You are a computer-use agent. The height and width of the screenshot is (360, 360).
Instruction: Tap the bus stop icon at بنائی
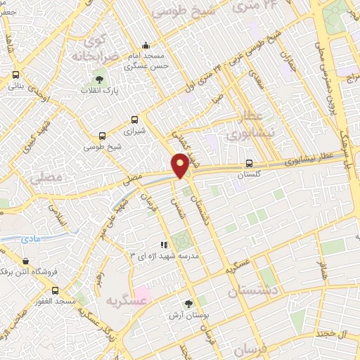[x=15, y=75]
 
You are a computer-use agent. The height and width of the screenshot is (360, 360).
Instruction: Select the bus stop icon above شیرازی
[x=134, y=120]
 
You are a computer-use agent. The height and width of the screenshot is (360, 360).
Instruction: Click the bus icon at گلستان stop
[x=249, y=163]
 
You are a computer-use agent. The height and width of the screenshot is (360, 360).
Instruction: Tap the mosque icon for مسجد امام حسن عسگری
[x=145, y=45]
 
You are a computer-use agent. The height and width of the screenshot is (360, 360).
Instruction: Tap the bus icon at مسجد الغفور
[x=56, y=290]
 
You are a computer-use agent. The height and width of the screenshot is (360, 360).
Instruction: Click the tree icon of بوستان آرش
[x=188, y=304]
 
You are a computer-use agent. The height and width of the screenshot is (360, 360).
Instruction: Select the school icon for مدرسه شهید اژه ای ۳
[x=164, y=245]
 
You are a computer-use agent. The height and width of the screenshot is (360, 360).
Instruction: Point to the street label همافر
[x=323, y=268]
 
